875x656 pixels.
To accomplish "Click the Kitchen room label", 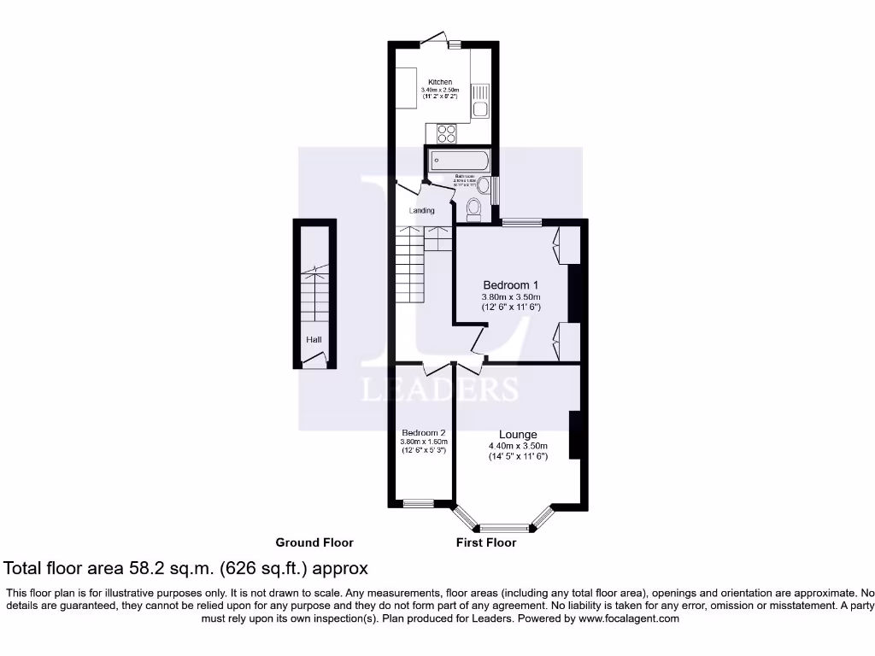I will tap(440, 82).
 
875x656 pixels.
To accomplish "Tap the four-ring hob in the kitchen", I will tap(446, 133).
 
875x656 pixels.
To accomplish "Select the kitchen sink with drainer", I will tap(479, 101).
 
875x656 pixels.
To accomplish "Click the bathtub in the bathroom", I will tap(460, 160).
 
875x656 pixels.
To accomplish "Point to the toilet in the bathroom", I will tap(474, 208).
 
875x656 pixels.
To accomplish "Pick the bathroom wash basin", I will tap(483, 185).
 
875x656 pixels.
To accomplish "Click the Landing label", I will tap(421, 211).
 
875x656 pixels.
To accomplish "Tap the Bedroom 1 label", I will tap(511, 284).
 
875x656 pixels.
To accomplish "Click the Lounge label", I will tap(518, 434).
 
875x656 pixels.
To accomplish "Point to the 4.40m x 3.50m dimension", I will tap(518, 446).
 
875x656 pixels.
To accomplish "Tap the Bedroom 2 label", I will tap(424, 432).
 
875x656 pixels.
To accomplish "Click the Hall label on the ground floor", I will tap(314, 340).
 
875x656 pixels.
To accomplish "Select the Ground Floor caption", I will tap(314, 542).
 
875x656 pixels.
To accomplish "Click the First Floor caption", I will tap(486, 542).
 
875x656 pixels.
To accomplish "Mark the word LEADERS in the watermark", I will tap(440, 389).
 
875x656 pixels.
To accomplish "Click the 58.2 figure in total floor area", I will tap(150, 568).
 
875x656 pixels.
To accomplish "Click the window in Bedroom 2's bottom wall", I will tap(419, 503).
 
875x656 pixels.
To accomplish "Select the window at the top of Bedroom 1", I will tap(521, 223).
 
